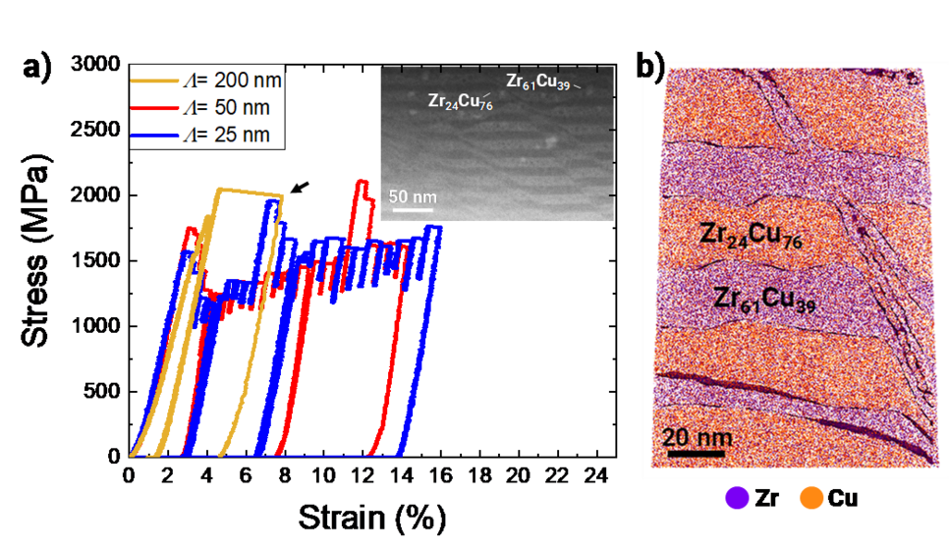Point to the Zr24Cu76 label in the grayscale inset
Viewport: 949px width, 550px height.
click(460, 100)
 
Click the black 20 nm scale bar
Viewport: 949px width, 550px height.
click(696, 455)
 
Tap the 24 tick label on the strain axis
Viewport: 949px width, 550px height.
click(592, 475)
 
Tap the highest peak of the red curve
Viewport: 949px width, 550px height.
click(362, 183)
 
